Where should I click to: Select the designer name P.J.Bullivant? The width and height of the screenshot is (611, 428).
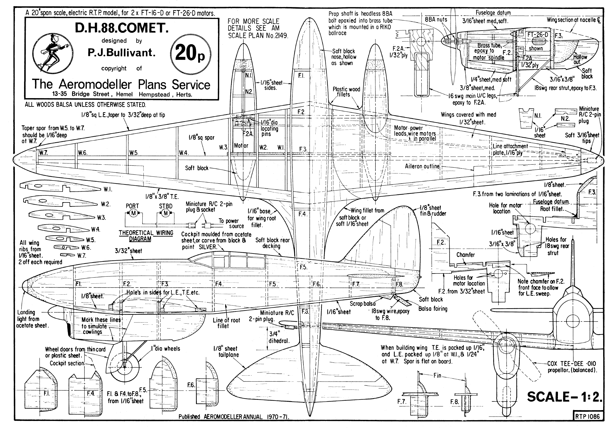122,53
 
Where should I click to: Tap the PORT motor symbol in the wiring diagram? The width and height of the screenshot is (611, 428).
133,213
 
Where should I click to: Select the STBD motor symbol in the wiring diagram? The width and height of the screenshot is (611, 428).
165,213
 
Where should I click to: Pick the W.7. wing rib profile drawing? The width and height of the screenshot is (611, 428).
67,255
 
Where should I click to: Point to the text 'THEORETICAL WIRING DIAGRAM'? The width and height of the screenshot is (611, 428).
146,236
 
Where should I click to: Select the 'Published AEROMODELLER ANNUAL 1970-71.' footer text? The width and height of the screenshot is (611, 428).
234,417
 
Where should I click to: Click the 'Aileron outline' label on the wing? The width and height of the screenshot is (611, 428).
422,166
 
